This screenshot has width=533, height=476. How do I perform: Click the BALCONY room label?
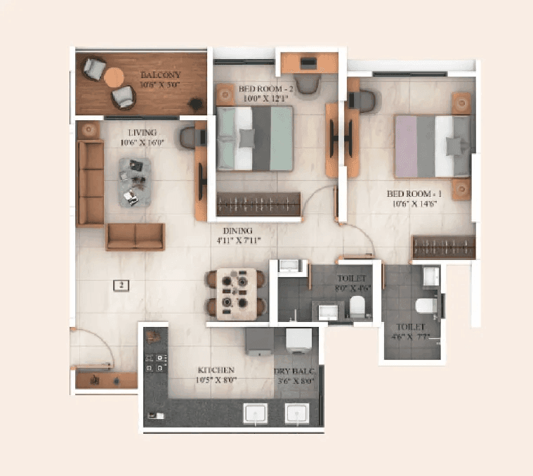160,75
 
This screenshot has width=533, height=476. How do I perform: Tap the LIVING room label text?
142,132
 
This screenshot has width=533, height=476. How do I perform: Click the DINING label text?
239,231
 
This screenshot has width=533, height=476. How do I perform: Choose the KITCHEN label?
216,370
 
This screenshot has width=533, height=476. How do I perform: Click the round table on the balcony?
114,75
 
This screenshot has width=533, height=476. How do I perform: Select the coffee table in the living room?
134,182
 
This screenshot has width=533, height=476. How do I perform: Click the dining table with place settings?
236,294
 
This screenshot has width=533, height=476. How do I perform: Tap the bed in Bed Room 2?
254,139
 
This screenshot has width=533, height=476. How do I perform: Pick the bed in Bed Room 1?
432,146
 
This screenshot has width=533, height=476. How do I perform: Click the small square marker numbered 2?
121,285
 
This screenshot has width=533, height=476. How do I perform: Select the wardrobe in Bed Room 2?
258,204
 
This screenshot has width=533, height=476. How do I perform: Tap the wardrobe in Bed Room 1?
442,247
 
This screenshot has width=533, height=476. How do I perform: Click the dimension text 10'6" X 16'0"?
142,143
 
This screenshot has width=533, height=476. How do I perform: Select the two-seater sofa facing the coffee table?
135,237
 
